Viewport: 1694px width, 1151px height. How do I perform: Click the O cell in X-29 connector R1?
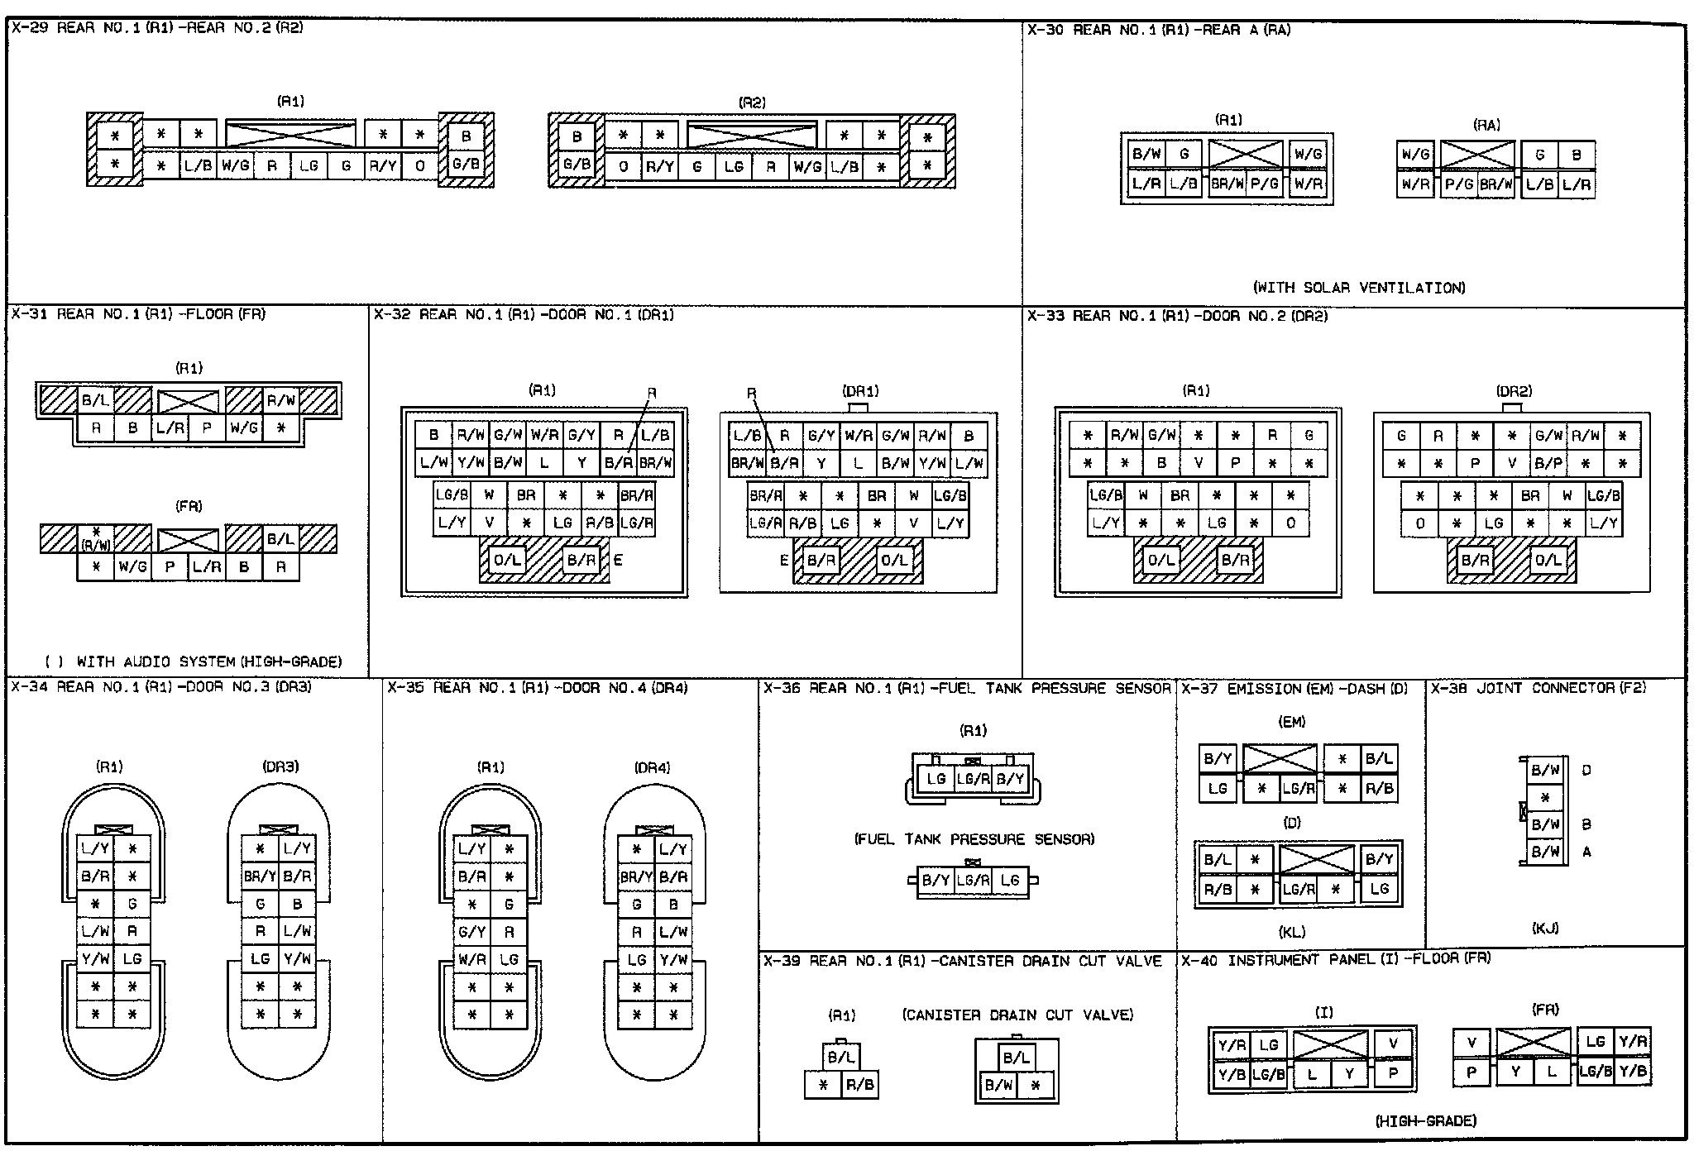click(420, 165)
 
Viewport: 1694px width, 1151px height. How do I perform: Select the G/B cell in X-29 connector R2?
click(577, 164)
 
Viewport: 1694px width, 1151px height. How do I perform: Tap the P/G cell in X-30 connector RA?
click(1458, 184)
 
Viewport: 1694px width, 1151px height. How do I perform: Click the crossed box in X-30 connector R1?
click(1245, 154)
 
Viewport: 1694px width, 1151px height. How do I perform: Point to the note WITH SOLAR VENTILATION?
click(1359, 288)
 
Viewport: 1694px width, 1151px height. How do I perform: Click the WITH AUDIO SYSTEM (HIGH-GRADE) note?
click(194, 661)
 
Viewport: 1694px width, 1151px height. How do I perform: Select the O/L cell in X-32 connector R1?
click(507, 560)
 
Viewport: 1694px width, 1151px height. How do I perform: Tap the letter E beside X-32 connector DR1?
click(784, 560)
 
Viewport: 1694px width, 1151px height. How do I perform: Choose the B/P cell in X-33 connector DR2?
click(1548, 463)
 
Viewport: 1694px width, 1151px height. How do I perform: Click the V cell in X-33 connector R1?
click(1199, 463)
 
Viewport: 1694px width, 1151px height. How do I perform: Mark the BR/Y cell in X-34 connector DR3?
click(260, 876)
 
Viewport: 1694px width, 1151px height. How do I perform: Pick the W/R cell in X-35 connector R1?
click(472, 959)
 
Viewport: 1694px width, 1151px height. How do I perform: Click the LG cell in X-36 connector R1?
click(936, 778)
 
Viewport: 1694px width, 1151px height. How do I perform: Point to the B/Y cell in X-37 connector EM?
click(1218, 758)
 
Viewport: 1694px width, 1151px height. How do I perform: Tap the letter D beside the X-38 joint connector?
click(1586, 770)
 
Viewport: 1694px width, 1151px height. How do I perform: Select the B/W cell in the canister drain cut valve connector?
click(999, 1085)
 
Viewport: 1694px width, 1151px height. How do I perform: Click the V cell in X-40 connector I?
click(1393, 1044)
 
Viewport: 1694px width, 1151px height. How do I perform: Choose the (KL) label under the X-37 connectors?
click(1292, 932)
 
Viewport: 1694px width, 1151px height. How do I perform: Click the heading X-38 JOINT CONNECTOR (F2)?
click(1538, 688)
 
